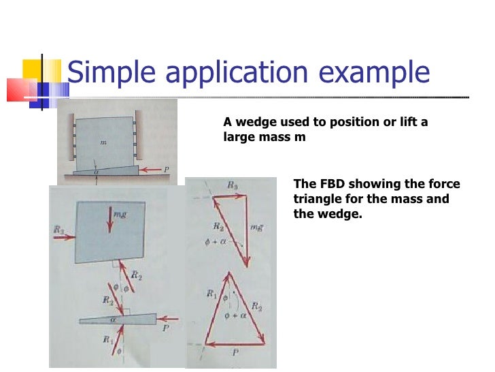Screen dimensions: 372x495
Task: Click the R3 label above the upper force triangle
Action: click(233, 184)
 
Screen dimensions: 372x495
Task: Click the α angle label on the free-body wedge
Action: click(114, 318)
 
